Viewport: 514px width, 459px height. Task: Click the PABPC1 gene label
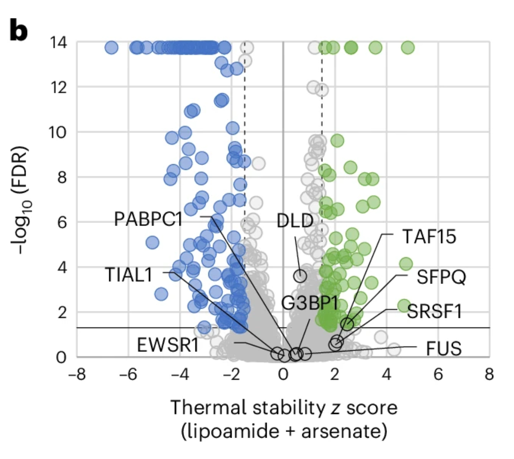point(148,219)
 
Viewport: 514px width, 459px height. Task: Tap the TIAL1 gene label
point(129,275)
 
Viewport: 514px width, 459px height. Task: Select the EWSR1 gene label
point(168,345)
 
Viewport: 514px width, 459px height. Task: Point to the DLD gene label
point(295,221)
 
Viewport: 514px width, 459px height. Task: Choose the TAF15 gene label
point(429,237)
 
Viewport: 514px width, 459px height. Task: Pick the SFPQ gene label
point(441,277)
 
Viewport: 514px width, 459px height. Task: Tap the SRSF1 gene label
point(434,312)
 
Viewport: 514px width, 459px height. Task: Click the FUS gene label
point(443,348)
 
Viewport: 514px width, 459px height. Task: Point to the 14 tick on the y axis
point(58,43)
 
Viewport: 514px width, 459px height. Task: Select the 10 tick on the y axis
point(58,132)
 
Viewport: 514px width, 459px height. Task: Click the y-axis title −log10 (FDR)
point(20,200)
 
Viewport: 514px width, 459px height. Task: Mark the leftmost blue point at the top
point(112,47)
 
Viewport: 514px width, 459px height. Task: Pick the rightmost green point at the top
point(408,47)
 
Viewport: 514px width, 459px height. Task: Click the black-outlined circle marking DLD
point(300,275)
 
